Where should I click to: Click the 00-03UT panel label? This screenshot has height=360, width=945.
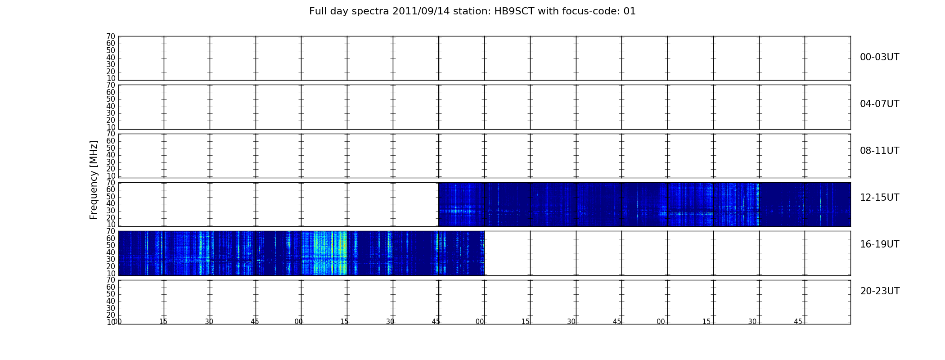click(x=879, y=57)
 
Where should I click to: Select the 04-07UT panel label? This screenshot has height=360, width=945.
click(x=879, y=104)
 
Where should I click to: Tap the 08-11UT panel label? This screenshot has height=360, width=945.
click(x=879, y=151)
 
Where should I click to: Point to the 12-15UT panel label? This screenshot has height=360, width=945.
click(x=879, y=198)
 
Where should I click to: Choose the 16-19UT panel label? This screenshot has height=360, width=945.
click(x=879, y=244)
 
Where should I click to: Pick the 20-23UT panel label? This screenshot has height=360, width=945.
click(x=880, y=291)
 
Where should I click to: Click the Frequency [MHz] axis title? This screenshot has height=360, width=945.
click(x=94, y=180)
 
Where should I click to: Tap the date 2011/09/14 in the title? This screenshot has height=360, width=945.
click(x=417, y=11)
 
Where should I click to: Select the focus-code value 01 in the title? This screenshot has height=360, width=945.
click(x=630, y=11)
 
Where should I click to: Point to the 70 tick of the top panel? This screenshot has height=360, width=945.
click(x=111, y=36)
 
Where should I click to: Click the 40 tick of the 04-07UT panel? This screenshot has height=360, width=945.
click(x=111, y=106)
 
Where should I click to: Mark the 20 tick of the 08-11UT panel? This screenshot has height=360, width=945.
click(x=111, y=169)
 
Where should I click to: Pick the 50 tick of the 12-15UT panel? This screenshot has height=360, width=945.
click(x=111, y=197)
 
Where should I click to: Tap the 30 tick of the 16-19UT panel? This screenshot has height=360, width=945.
click(x=111, y=260)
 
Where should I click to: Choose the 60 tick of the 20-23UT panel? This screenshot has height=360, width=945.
click(x=111, y=287)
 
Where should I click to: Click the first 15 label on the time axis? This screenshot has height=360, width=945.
click(x=163, y=322)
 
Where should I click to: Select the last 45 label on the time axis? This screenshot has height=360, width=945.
click(x=798, y=322)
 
